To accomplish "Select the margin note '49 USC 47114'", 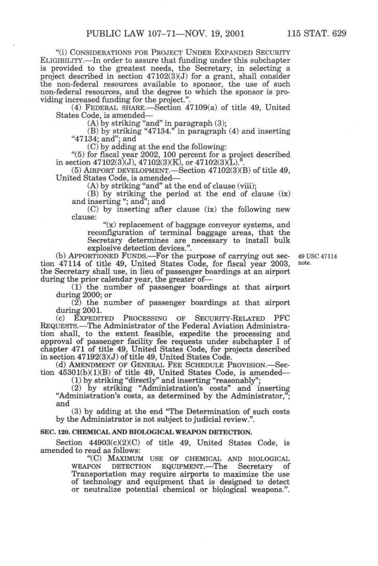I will coord(317,256).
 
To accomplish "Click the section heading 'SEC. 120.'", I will coord(55,432).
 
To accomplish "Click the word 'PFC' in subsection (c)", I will coord(282,318).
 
